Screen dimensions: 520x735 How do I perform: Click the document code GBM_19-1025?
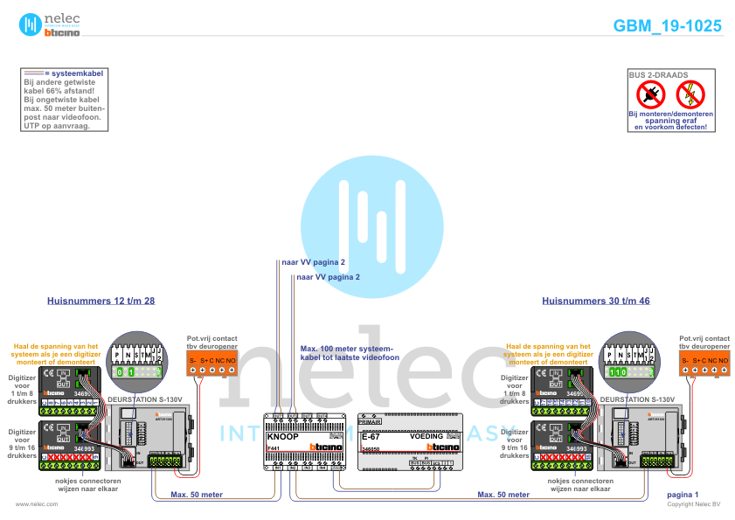click(668, 26)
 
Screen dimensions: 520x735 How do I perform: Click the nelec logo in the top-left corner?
click(51, 24)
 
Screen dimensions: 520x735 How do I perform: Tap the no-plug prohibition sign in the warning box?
click(650, 94)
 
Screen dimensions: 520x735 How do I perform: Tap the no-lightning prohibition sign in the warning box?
click(690, 94)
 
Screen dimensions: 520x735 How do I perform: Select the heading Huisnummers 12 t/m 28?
click(101, 301)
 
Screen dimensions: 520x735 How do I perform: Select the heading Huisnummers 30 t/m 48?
click(596, 301)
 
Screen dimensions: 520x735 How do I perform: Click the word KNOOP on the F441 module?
click(282, 435)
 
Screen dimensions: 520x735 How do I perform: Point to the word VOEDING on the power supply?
click(426, 435)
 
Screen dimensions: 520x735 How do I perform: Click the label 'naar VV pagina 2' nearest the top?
click(314, 262)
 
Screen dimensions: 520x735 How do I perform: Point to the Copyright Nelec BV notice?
click(694, 504)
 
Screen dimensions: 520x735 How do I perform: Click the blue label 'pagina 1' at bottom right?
click(682, 495)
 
